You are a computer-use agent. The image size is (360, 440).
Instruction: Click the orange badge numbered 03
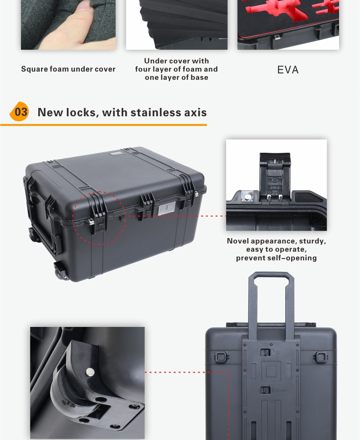(20, 112)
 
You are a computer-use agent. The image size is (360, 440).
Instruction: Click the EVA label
(288, 70)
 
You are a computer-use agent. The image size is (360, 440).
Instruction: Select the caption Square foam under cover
(68, 69)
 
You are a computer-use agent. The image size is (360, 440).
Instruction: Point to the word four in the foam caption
(143, 69)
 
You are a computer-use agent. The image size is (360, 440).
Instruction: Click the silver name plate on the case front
(166, 208)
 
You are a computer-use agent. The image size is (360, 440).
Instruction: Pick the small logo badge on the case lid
(115, 153)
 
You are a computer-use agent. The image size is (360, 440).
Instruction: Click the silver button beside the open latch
(247, 197)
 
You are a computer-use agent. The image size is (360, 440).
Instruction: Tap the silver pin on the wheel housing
(90, 372)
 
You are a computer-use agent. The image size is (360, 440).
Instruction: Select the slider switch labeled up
(265, 352)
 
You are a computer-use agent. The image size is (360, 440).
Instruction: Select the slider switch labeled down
(265, 390)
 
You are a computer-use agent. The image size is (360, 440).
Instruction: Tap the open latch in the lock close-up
(275, 177)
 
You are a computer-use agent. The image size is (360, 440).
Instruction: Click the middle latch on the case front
(146, 207)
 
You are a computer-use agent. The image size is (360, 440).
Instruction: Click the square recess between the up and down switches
(271, 371)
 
